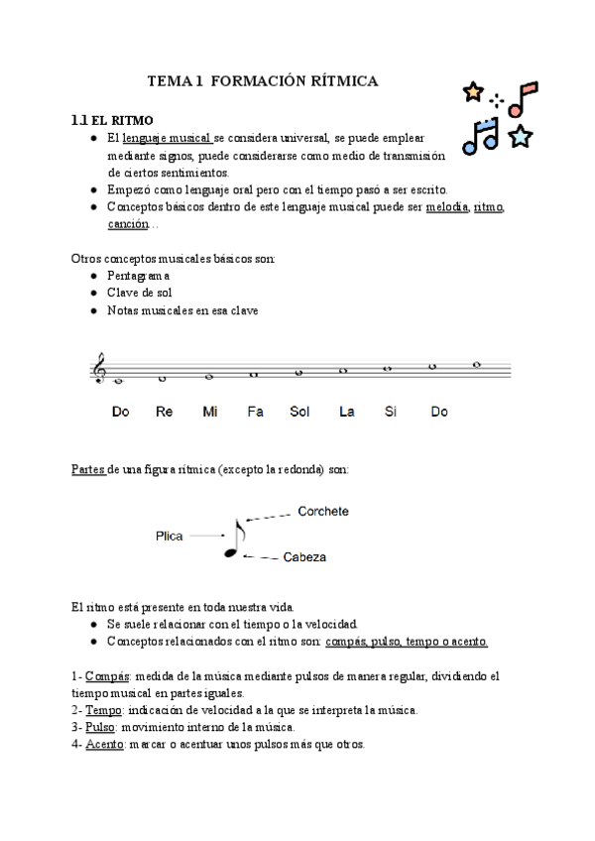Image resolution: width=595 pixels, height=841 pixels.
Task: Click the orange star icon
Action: [x=473, y=92]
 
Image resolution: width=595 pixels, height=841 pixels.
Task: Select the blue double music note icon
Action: [x=485, y=136]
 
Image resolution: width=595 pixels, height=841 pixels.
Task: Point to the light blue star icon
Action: [x=521, y=137]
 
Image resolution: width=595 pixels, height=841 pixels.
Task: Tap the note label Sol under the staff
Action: [x=300, y=413]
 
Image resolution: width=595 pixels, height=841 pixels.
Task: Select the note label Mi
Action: [x=209, y=413]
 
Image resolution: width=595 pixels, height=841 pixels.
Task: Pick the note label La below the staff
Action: [x=346, y=413]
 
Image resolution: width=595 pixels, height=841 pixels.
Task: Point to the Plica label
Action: [x=170, y=536]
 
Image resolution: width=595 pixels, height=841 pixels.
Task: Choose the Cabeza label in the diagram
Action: [x=305, y=558]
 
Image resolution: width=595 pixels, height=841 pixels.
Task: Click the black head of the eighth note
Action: [x=230, y=553]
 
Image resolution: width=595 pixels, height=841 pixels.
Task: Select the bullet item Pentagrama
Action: [x=139, y=275]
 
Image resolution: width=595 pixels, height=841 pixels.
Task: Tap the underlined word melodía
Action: [x=446, y=207]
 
